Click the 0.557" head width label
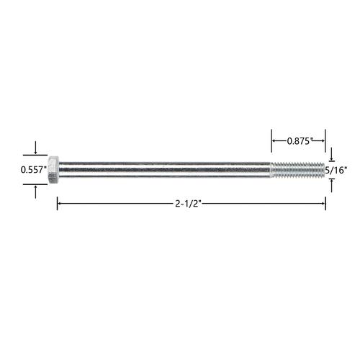pos(33,170)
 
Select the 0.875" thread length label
pos(299,141)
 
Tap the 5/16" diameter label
pos(336,170)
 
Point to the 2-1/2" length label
pos(188,204)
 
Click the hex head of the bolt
pos(53,170)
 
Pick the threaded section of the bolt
pos(298,170)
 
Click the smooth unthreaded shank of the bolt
pos(165,170)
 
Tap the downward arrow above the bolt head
pos(35,148)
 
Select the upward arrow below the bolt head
pos(35,192)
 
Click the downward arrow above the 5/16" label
pos(332,154)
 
